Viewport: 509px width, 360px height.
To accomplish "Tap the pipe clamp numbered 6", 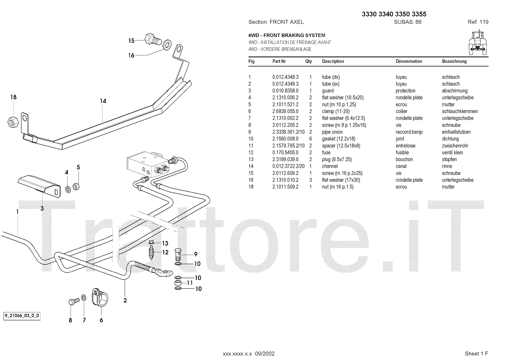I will (100, 298).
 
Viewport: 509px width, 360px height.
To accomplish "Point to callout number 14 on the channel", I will (103, 101).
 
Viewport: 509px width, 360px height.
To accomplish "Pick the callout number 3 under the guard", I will (42, 208).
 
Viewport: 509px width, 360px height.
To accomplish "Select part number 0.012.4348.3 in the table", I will (285, 77).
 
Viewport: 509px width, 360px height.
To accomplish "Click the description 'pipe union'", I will (332, 132).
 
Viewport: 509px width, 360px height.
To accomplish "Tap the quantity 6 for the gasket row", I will (310, 139).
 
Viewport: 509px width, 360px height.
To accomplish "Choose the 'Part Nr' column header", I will (279, 61).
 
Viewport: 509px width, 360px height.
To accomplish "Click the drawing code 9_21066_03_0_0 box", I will (22, 316).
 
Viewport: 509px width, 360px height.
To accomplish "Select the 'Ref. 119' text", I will (478, 22).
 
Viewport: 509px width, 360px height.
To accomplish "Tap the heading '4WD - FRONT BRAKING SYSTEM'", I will (287, 35).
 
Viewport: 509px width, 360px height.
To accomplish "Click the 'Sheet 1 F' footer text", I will (476, 354).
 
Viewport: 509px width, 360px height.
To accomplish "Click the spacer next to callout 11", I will (178, 283).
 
